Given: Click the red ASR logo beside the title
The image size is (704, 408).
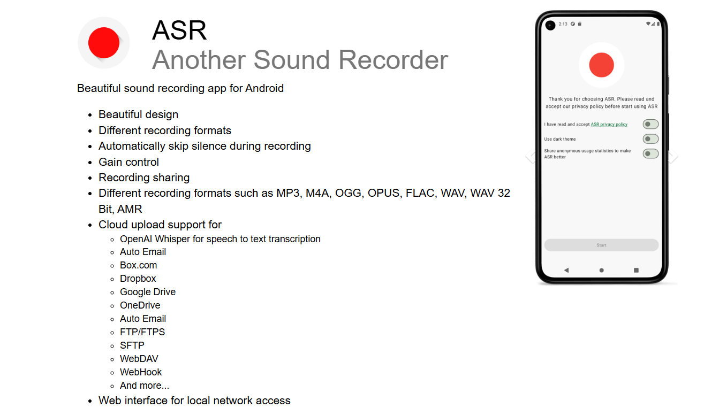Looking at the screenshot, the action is [x=104, y=43].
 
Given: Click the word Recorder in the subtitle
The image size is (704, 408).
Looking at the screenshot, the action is [x=393, y=60].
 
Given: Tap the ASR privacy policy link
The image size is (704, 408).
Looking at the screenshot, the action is [x=609, y=124].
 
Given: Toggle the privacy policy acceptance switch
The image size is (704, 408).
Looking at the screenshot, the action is [x=650, y=124].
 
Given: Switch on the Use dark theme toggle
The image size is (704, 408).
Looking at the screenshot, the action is [x=650, y=138].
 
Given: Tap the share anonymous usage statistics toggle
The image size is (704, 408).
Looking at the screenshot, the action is [x=650, y=153].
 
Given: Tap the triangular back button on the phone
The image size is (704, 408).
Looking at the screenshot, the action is [x=566, y=270].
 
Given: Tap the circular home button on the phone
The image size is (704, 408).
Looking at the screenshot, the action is [x=602, y=270].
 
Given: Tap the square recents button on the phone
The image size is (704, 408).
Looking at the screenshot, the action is [x=636, y=270].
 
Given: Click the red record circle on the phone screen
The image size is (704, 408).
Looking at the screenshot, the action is [x=601, y=65].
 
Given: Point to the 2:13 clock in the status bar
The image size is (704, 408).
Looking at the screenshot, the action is [x=563, y=24].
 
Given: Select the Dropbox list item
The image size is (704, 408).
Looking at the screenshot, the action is [x=138, y=279].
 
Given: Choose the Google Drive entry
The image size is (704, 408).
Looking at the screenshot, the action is [x=148, y=292].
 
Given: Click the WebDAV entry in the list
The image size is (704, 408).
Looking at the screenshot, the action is [x=139, y=358].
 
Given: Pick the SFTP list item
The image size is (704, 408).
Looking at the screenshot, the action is [x=132, y=345].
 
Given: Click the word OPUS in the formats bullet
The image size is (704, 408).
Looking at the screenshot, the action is [x=385, y=193].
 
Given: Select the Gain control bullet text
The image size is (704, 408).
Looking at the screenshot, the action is [x=128, y=162].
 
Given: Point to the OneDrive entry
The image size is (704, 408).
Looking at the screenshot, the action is [x=140, y=305].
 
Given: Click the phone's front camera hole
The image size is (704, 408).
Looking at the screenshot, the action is [x=550, y=25].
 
